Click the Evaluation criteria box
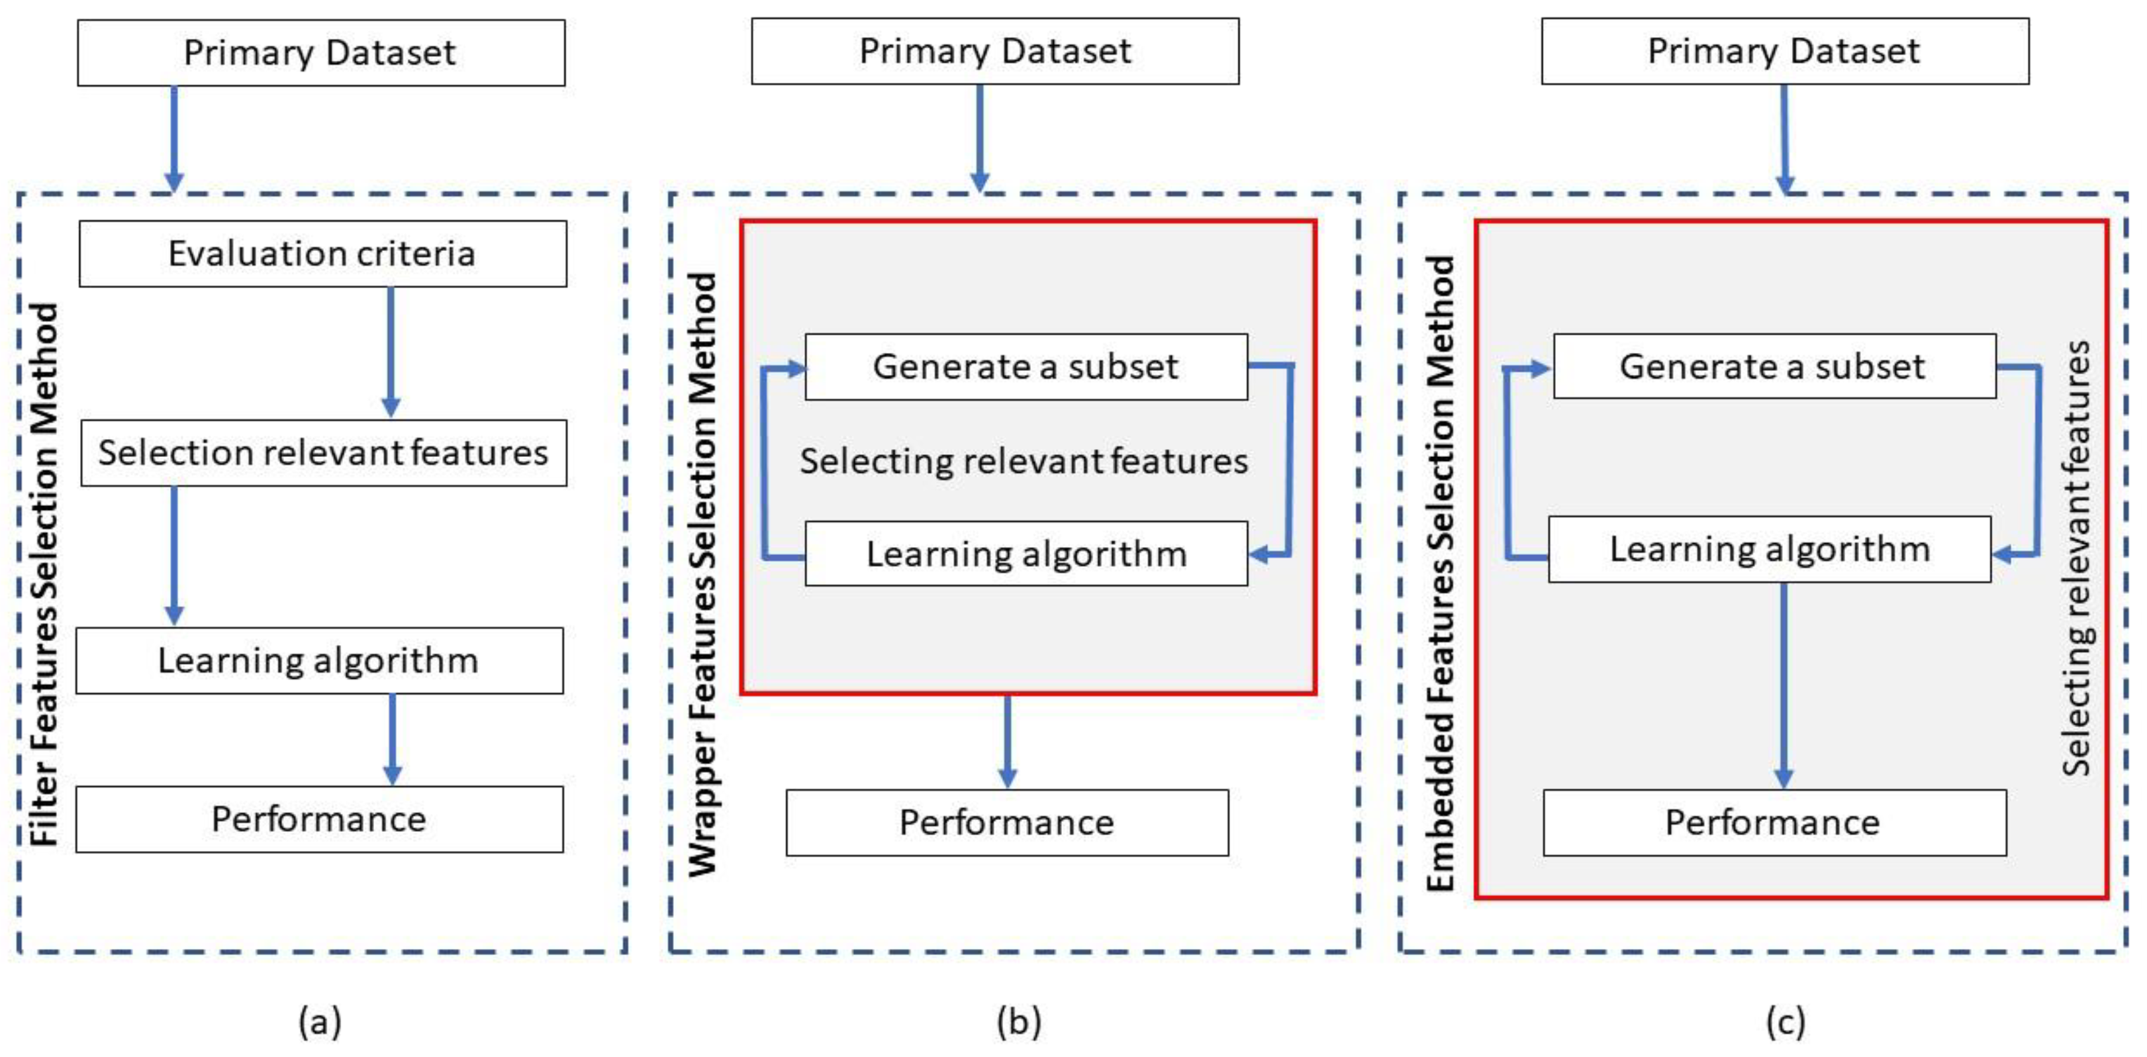click(322, 254)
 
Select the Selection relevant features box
click(323, 452)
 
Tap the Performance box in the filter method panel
click(319, 819)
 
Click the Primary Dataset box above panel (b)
click(994, 51)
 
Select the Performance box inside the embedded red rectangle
click(1774, 822)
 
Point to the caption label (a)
click(320, 1021)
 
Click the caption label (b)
click(1018, 1021)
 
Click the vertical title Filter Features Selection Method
click(44, 575)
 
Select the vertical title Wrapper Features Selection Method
click(702, 575)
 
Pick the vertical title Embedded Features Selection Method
click(1440, 575)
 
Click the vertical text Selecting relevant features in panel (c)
click(2075, 558)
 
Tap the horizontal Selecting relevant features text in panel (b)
click(1024, 461)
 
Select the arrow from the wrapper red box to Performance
click(1007, 740)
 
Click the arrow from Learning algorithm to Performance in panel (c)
click(1783, 683)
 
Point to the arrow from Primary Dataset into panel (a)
click(174, 138)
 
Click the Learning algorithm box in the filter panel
click(319, 660)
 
